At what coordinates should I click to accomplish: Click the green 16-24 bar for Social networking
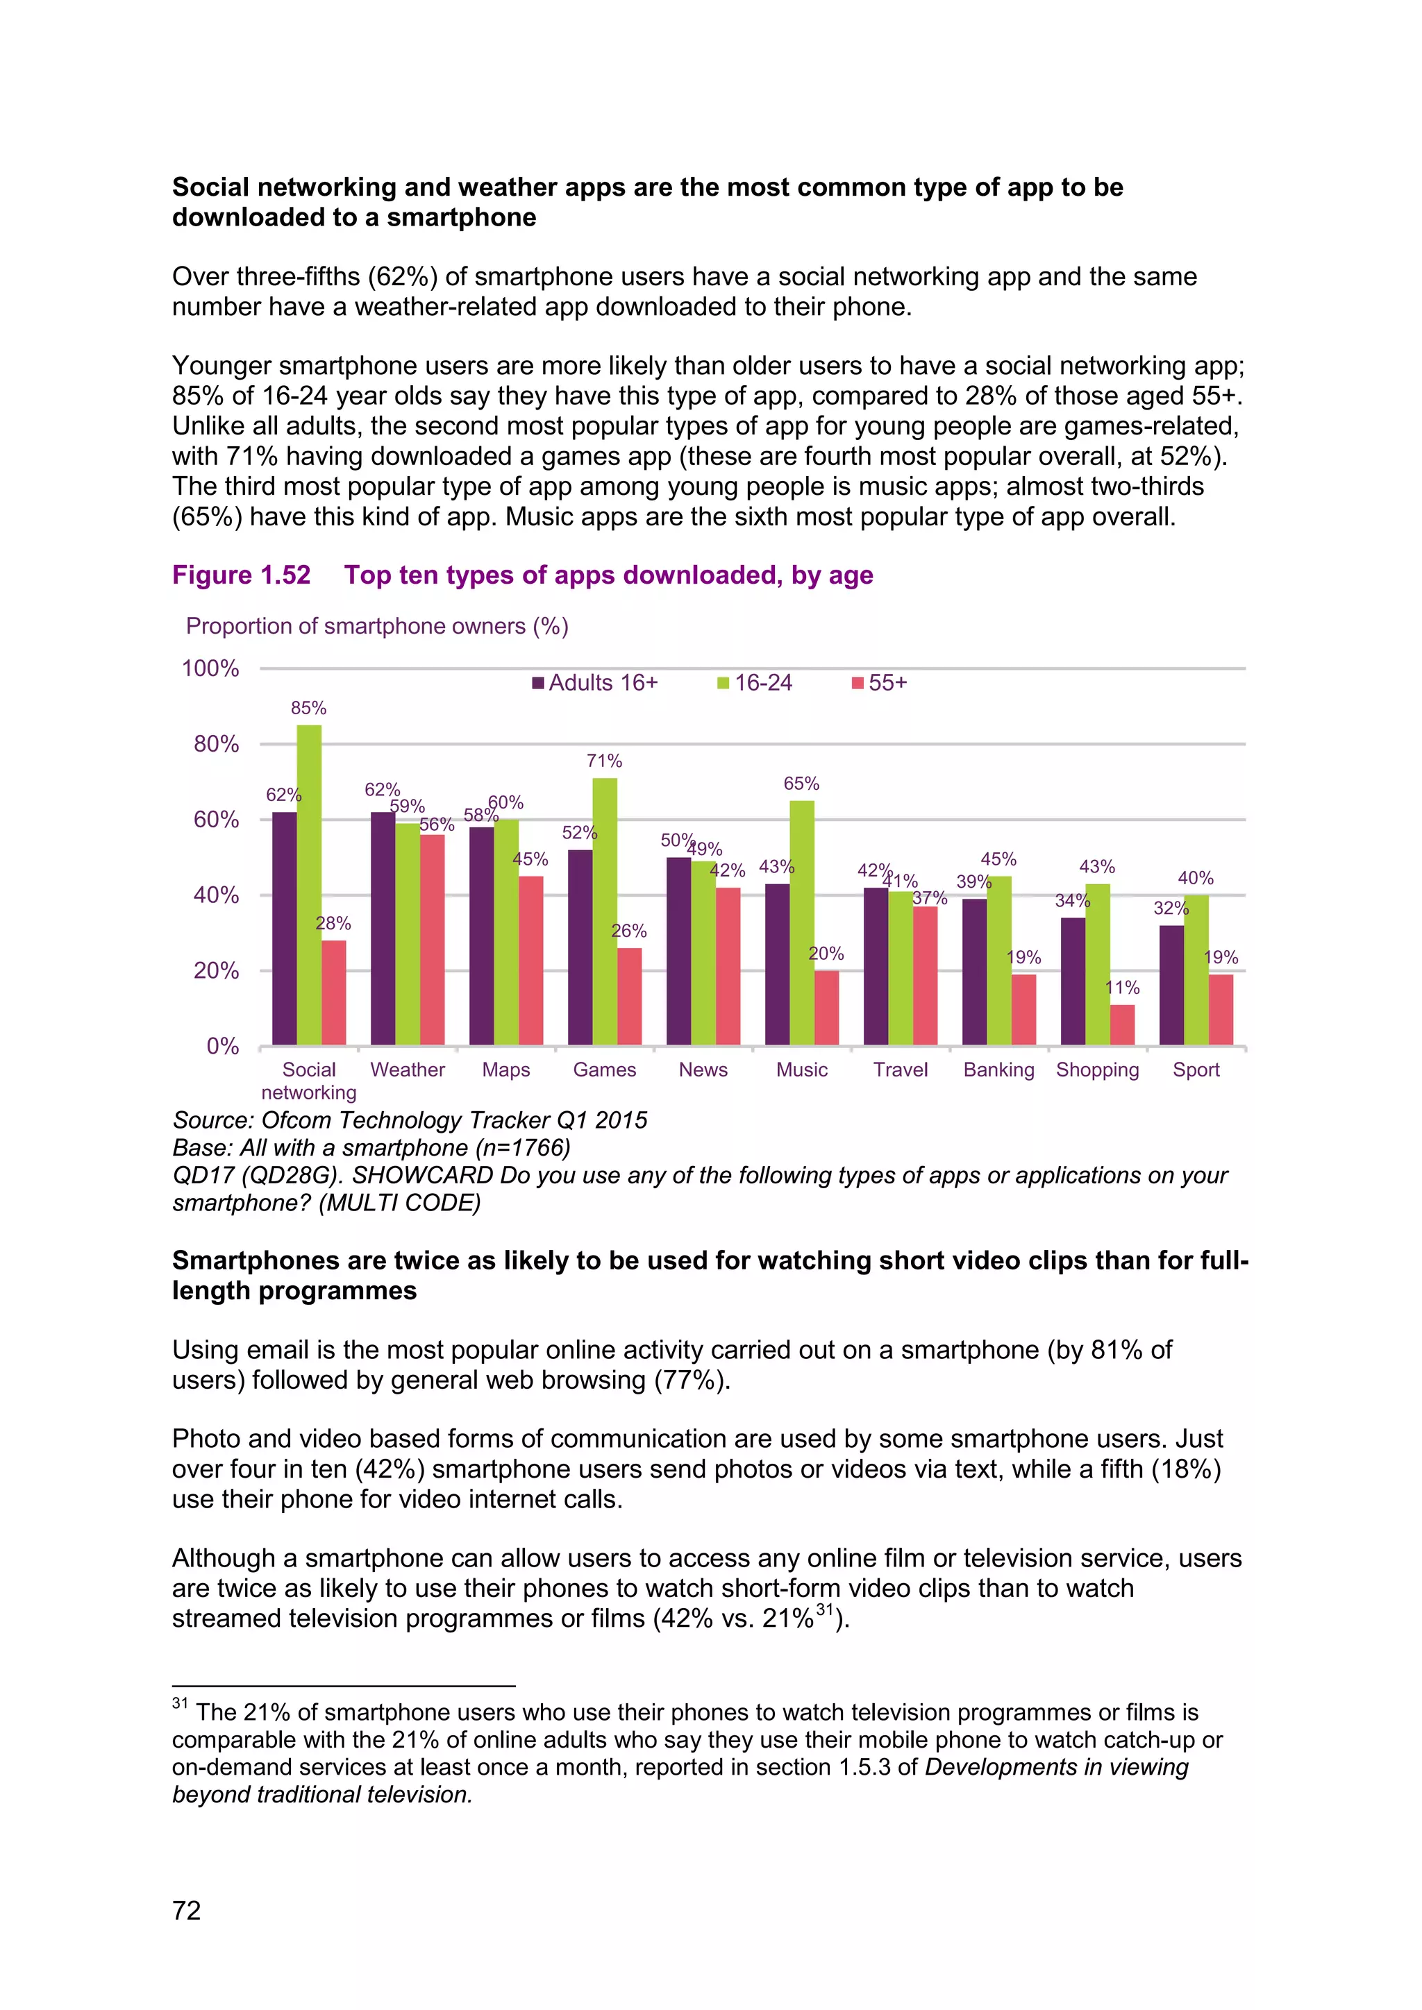tap(309, 884)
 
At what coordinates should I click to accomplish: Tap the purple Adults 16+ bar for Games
tap(580, 947)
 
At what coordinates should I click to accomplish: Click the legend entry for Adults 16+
tap(596, 683)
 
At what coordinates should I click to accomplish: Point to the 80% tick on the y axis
tap(216, 744)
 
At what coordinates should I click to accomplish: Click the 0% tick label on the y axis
tap(222, 1046)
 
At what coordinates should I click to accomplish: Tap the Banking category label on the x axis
tap(998, 1070)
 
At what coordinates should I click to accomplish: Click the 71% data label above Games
tap(604, 761)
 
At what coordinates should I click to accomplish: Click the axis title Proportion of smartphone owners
tap(376, 626)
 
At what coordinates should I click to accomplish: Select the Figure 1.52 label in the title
tap(241, 575)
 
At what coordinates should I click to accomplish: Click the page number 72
tap(187, 1910)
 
